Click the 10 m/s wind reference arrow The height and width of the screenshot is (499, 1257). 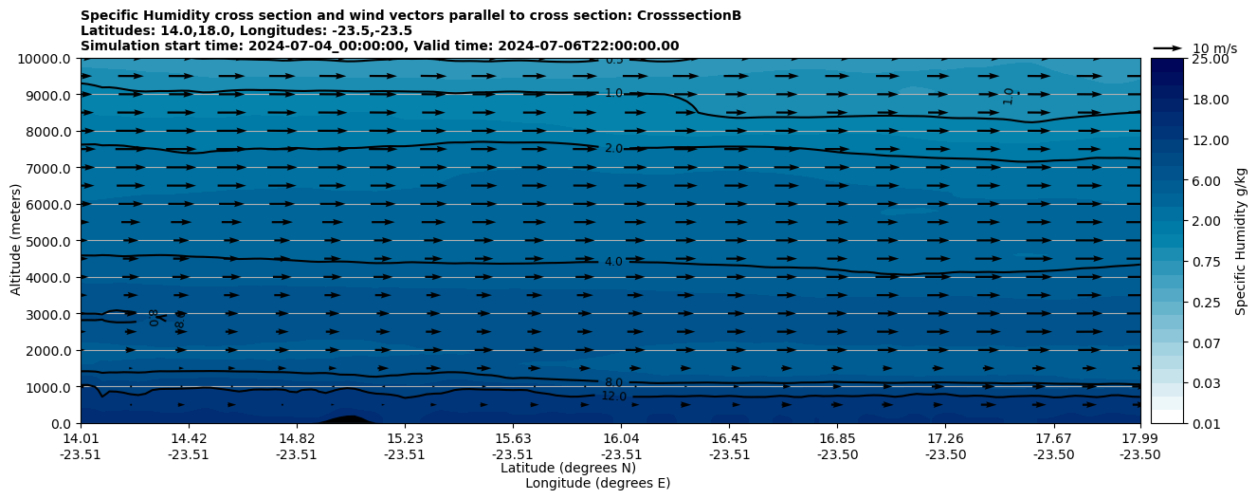(x=1168, y=48)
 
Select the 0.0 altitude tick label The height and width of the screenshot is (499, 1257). (x=62, y=424)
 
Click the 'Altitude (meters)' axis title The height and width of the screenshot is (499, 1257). (x=16, y=241)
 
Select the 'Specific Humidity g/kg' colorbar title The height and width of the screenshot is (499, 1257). (x=1241, y=241)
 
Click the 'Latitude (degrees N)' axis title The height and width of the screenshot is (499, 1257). (x=568, y=468)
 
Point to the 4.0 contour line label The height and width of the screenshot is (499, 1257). (x=613, y=262)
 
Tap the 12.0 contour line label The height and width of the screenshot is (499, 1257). (x=613, y=397)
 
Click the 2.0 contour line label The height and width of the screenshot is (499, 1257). (x=613, y=149)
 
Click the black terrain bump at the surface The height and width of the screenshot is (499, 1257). (x=347, y=419)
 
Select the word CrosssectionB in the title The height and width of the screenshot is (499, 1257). (x=689, y=15)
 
